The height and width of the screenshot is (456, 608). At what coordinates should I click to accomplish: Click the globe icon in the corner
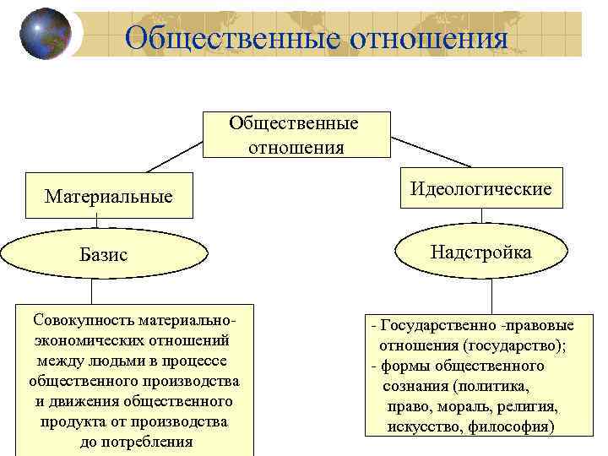45,34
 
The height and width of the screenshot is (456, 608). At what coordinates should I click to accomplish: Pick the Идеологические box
481,188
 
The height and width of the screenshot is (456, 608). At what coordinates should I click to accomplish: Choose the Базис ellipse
104,253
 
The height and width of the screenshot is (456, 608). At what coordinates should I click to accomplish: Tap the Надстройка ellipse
480,252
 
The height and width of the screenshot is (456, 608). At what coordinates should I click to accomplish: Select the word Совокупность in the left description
82,321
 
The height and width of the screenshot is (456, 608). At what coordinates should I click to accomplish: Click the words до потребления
136,442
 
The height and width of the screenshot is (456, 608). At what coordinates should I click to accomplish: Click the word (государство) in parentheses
513,345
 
